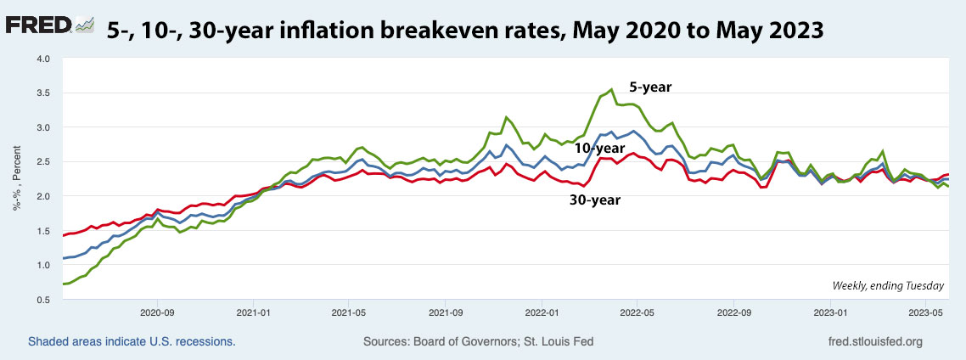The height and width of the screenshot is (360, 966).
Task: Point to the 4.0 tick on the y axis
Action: [x=42, y=59]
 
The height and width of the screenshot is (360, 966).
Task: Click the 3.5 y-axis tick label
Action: [x=42, y=93]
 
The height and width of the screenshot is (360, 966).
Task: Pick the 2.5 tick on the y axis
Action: [x=42, y=162]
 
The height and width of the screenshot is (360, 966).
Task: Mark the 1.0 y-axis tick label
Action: [x=42, y=265]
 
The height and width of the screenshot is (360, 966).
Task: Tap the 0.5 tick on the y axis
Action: [x=42, y=300]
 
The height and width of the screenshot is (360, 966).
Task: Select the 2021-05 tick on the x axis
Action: [x=349, y=312]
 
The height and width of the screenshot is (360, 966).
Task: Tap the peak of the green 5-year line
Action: [x=611, y=89]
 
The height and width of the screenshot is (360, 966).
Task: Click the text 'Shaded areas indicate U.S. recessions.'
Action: [x=132, y=341]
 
